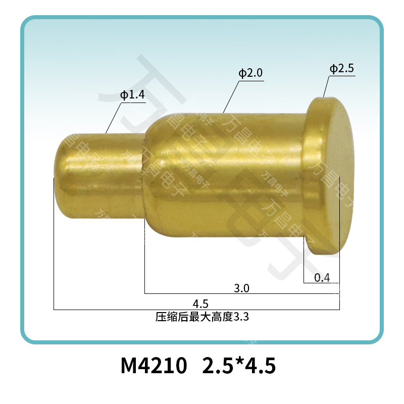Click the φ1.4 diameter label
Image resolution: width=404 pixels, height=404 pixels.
[x=132, y=95]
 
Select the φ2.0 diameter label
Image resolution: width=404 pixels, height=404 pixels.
[x=250, y=73]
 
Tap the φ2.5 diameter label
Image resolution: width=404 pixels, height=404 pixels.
[x=342, y=69]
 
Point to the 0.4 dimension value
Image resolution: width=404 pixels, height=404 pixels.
[x=322, y=278]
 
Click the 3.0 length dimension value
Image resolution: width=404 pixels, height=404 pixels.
[x=242, y=288]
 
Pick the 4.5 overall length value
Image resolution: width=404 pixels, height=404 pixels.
[x=200, y=305]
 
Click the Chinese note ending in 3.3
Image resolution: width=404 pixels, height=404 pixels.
[x=203, y=317]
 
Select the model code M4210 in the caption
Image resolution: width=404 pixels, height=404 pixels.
[x=154, y=366]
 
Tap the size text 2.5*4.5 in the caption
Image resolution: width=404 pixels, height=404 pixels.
[x=239, y=366]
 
